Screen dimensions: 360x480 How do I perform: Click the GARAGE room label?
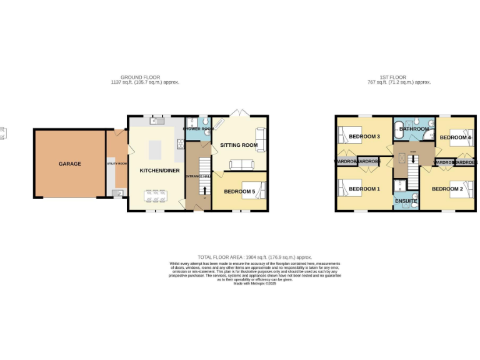tap(70, 164)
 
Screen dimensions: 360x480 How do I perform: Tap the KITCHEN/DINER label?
tap(156, 170)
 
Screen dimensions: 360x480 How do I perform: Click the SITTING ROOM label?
tap(239, 145)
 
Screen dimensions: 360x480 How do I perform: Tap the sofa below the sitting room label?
tap(241, 165)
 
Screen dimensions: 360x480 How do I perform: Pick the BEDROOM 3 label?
tap(364, 137)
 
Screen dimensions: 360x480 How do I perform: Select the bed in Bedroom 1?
tap(346, 188)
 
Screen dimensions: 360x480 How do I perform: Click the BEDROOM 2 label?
tap(447, 189)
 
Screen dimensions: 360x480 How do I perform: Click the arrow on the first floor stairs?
tap(412, 159)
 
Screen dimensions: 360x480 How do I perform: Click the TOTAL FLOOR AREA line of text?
tap(254, 257)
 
